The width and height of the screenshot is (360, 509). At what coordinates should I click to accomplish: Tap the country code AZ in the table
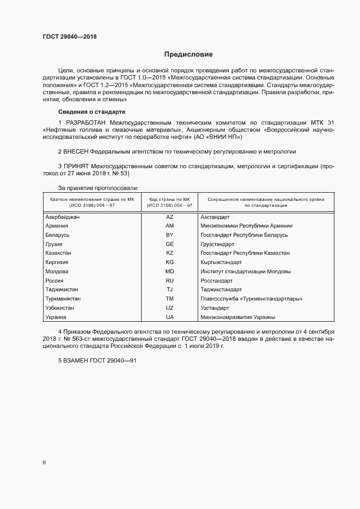[x=169, y=217]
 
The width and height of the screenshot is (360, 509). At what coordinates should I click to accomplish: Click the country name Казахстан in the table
[x=59, y=253]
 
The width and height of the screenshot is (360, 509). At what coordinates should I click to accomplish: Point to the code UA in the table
[x=169, y=317]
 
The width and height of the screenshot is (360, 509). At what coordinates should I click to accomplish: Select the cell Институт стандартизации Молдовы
[x=245, y=271]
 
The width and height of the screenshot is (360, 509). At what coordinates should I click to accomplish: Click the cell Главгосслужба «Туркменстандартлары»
[x=251, y=299]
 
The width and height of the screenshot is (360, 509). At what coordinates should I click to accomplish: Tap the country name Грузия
[x=54, y=244]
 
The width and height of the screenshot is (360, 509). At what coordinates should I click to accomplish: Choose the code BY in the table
[x=169, y=235]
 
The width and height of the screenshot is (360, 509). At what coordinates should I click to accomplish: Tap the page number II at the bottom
[x=44, y=463]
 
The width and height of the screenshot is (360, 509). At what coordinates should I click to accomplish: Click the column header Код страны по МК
[x=169, y=200]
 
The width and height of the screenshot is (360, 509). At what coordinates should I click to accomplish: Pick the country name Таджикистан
[x=62, y=290]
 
